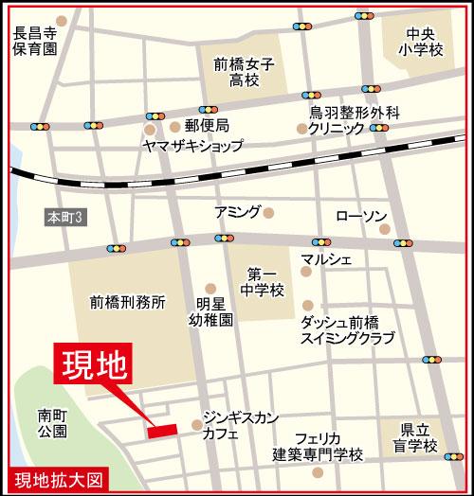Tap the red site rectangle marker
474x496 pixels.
(163, 432)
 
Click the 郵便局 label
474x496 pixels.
(207, 126)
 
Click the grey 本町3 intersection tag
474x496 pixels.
(65, 218)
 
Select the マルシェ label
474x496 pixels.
(327, 257)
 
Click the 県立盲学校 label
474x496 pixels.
(418, 437)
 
